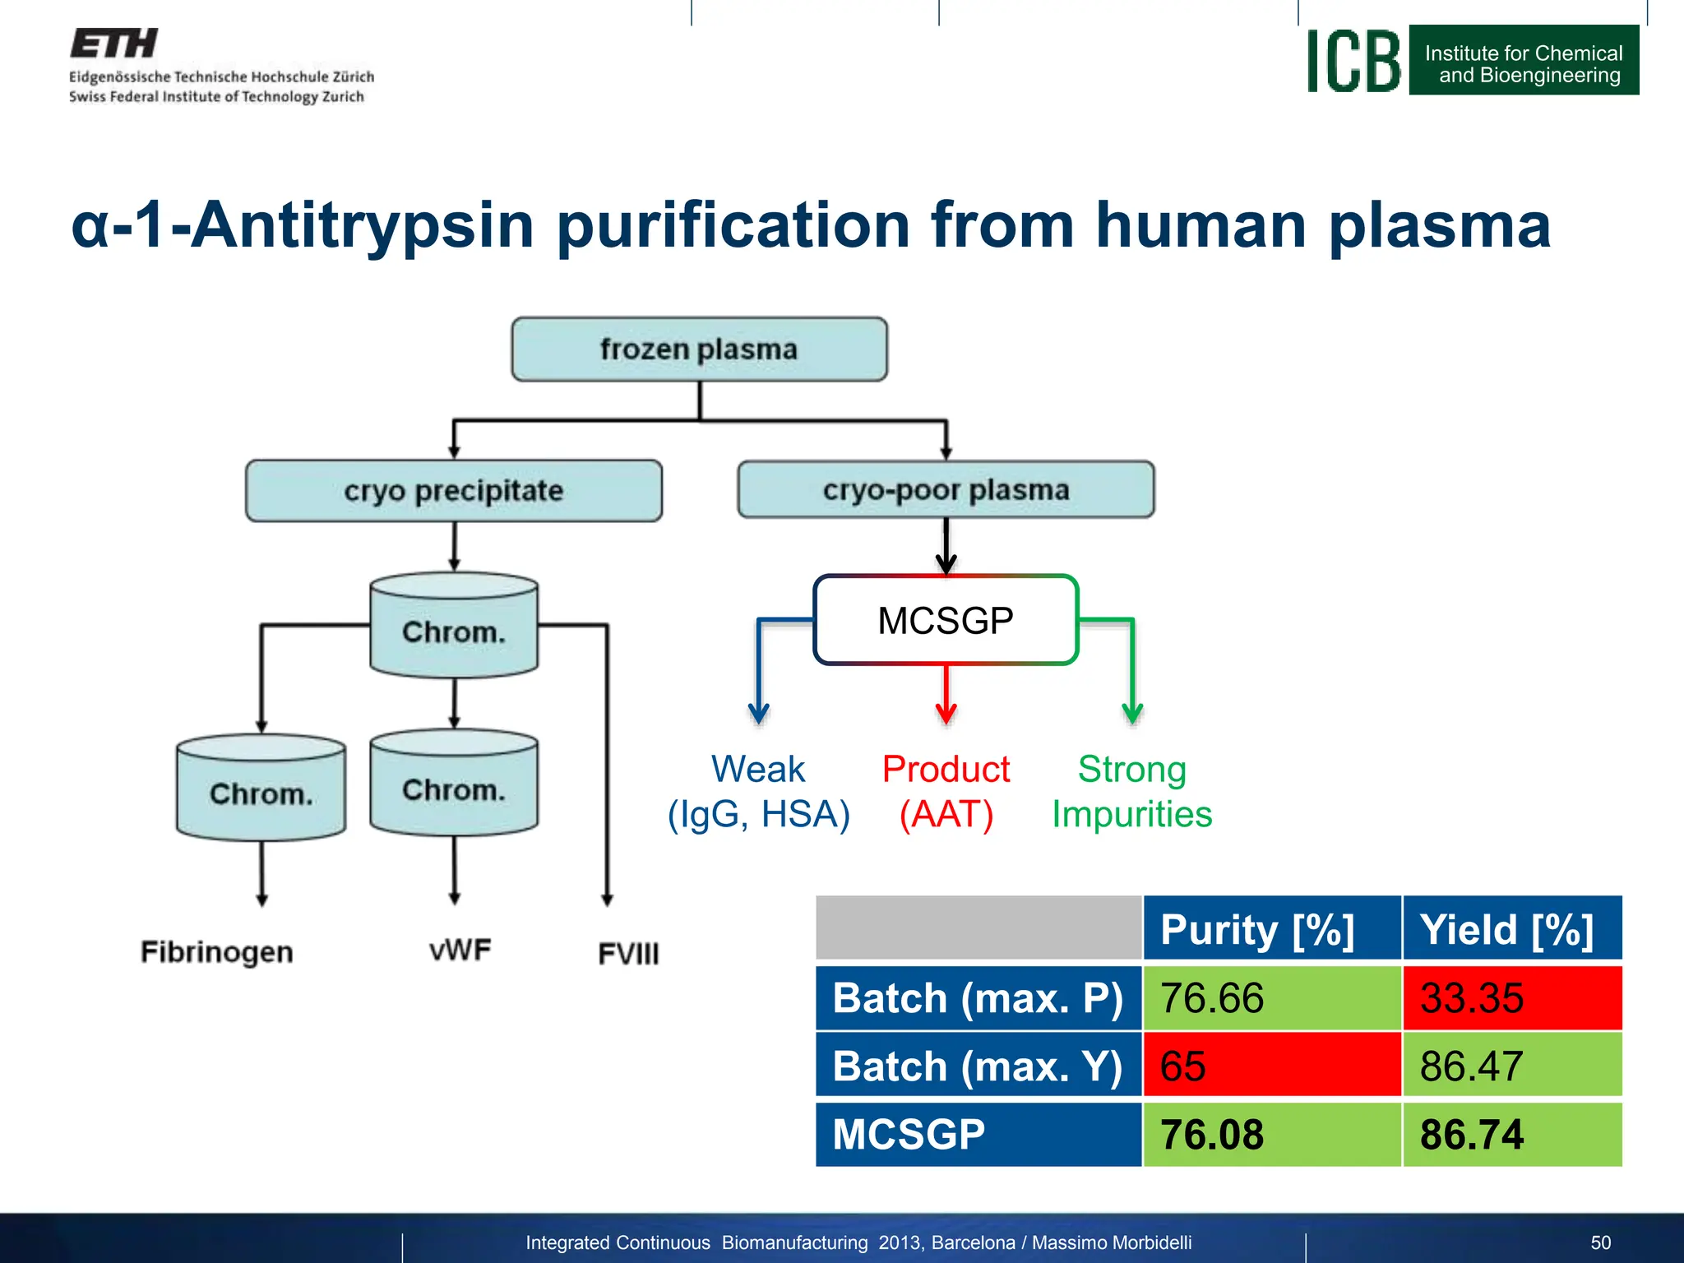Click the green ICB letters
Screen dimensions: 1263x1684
point(1353,62)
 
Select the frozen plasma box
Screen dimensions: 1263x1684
point(699,349)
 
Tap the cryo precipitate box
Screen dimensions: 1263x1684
point(453,491)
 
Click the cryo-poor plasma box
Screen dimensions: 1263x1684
point(946,490)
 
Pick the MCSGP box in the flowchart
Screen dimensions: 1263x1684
point(946,620)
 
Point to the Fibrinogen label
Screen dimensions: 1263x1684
point(216,951)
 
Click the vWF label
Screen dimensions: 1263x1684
point(460,950)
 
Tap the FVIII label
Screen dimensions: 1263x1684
point(628,954)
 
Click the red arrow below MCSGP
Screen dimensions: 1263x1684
point(946,695)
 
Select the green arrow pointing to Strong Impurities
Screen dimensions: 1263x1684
point(1131,666)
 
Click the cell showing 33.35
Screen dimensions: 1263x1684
point(1511,998)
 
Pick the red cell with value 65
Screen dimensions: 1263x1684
point(1271,1066)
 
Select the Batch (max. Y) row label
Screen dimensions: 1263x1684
point(978,1066)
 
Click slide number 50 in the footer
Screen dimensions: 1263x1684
point(1600,1242)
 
